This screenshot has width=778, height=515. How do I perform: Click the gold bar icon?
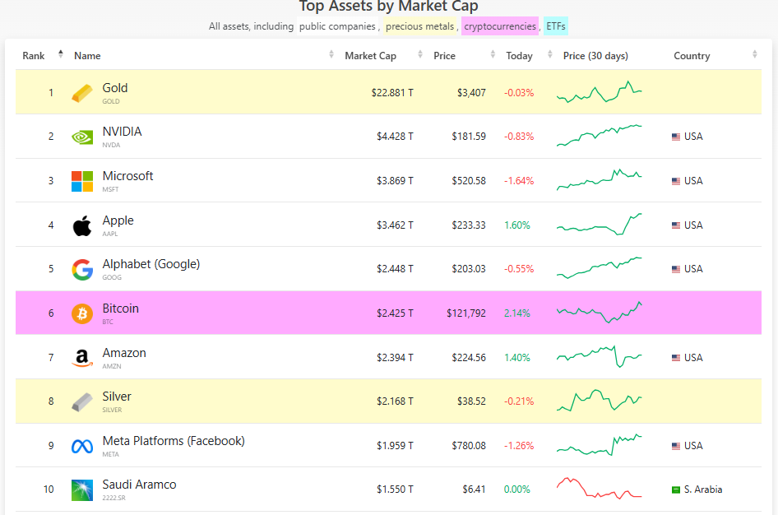coord(82,93)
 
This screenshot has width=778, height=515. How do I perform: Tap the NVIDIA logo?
coord(82,137)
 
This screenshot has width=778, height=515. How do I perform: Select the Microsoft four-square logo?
coord(82,181)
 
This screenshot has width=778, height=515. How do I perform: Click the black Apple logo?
coord(82,225)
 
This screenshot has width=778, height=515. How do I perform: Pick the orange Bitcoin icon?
coord(82,313)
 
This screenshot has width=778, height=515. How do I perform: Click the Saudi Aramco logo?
coord(82,490)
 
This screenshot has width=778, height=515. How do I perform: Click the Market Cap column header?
coord(370,56)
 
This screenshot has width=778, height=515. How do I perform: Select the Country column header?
coord(692,56)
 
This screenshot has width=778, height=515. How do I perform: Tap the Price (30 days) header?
coord(595,56)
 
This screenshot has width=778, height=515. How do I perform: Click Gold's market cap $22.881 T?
coord(392,93)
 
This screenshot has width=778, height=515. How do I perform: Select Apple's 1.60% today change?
coord(517,225)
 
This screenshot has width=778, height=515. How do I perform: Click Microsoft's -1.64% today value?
coord(519,181)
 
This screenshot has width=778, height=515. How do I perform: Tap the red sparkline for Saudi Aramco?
coord(599,488)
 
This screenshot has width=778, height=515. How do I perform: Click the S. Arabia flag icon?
coord(676,489)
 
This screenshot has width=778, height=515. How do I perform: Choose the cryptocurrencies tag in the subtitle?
coord(500,26)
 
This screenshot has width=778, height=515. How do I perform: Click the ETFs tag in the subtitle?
coord(556,26)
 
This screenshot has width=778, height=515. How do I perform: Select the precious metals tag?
coord(420,26)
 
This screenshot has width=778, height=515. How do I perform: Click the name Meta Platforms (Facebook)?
coord(174,441)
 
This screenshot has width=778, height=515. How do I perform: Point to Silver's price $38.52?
coord(471,401)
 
